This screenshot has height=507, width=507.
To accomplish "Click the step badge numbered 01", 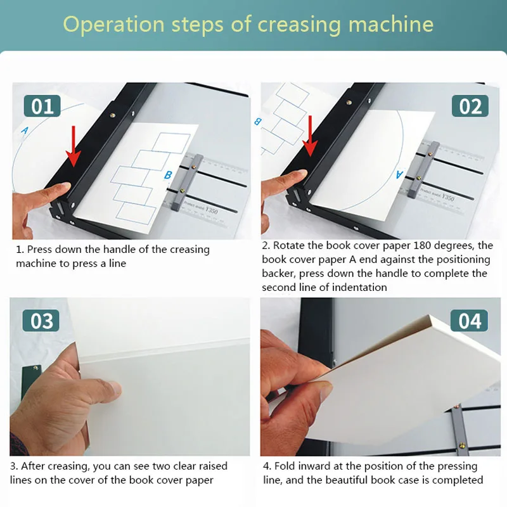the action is (42, 106).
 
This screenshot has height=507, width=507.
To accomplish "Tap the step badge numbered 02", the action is (470, 106).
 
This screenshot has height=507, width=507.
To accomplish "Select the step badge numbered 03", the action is (41, 321).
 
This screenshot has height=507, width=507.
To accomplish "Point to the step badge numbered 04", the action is (469, 321).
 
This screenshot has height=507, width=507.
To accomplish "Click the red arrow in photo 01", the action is (74, 146).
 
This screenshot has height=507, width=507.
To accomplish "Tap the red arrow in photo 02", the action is (311, 136).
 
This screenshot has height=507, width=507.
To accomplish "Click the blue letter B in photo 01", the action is (168, 175).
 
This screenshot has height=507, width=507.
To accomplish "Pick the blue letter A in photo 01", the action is (25, 131).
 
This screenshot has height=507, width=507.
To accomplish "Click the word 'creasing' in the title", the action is (299, 25).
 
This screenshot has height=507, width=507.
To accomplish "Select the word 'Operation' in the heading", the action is (114, 25).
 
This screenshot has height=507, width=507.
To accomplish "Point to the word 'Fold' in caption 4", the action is (285, 466).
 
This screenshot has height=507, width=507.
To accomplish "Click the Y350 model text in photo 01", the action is (212, 210).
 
